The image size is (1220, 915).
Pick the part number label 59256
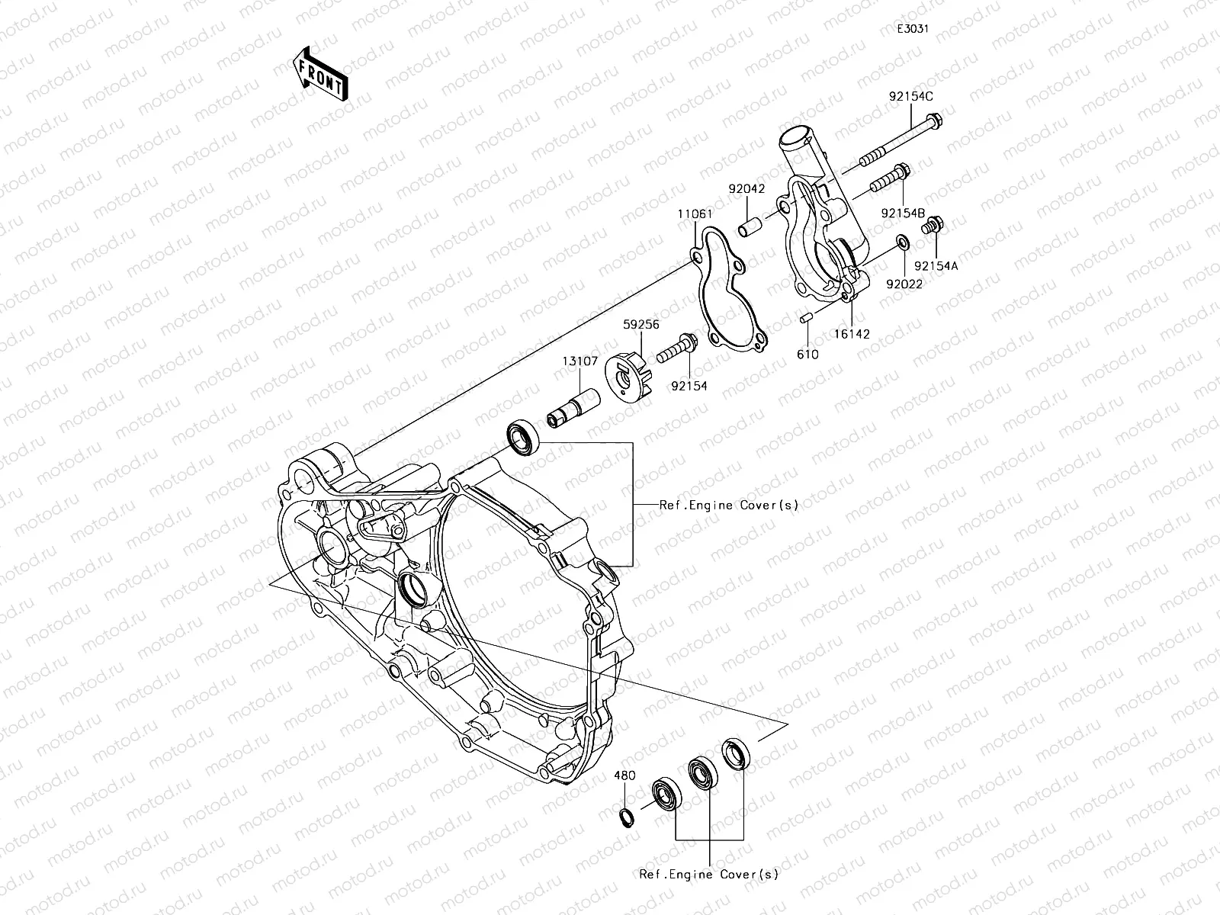[x=640, y=324]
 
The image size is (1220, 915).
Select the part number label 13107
[x=581, y=361]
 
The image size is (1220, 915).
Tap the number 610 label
[x=807, y=354]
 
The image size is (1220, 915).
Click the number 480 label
[x=624, y=776]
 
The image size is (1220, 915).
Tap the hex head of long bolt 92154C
[x=937, y=120]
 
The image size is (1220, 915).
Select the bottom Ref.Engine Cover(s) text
[x=709, y=875]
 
